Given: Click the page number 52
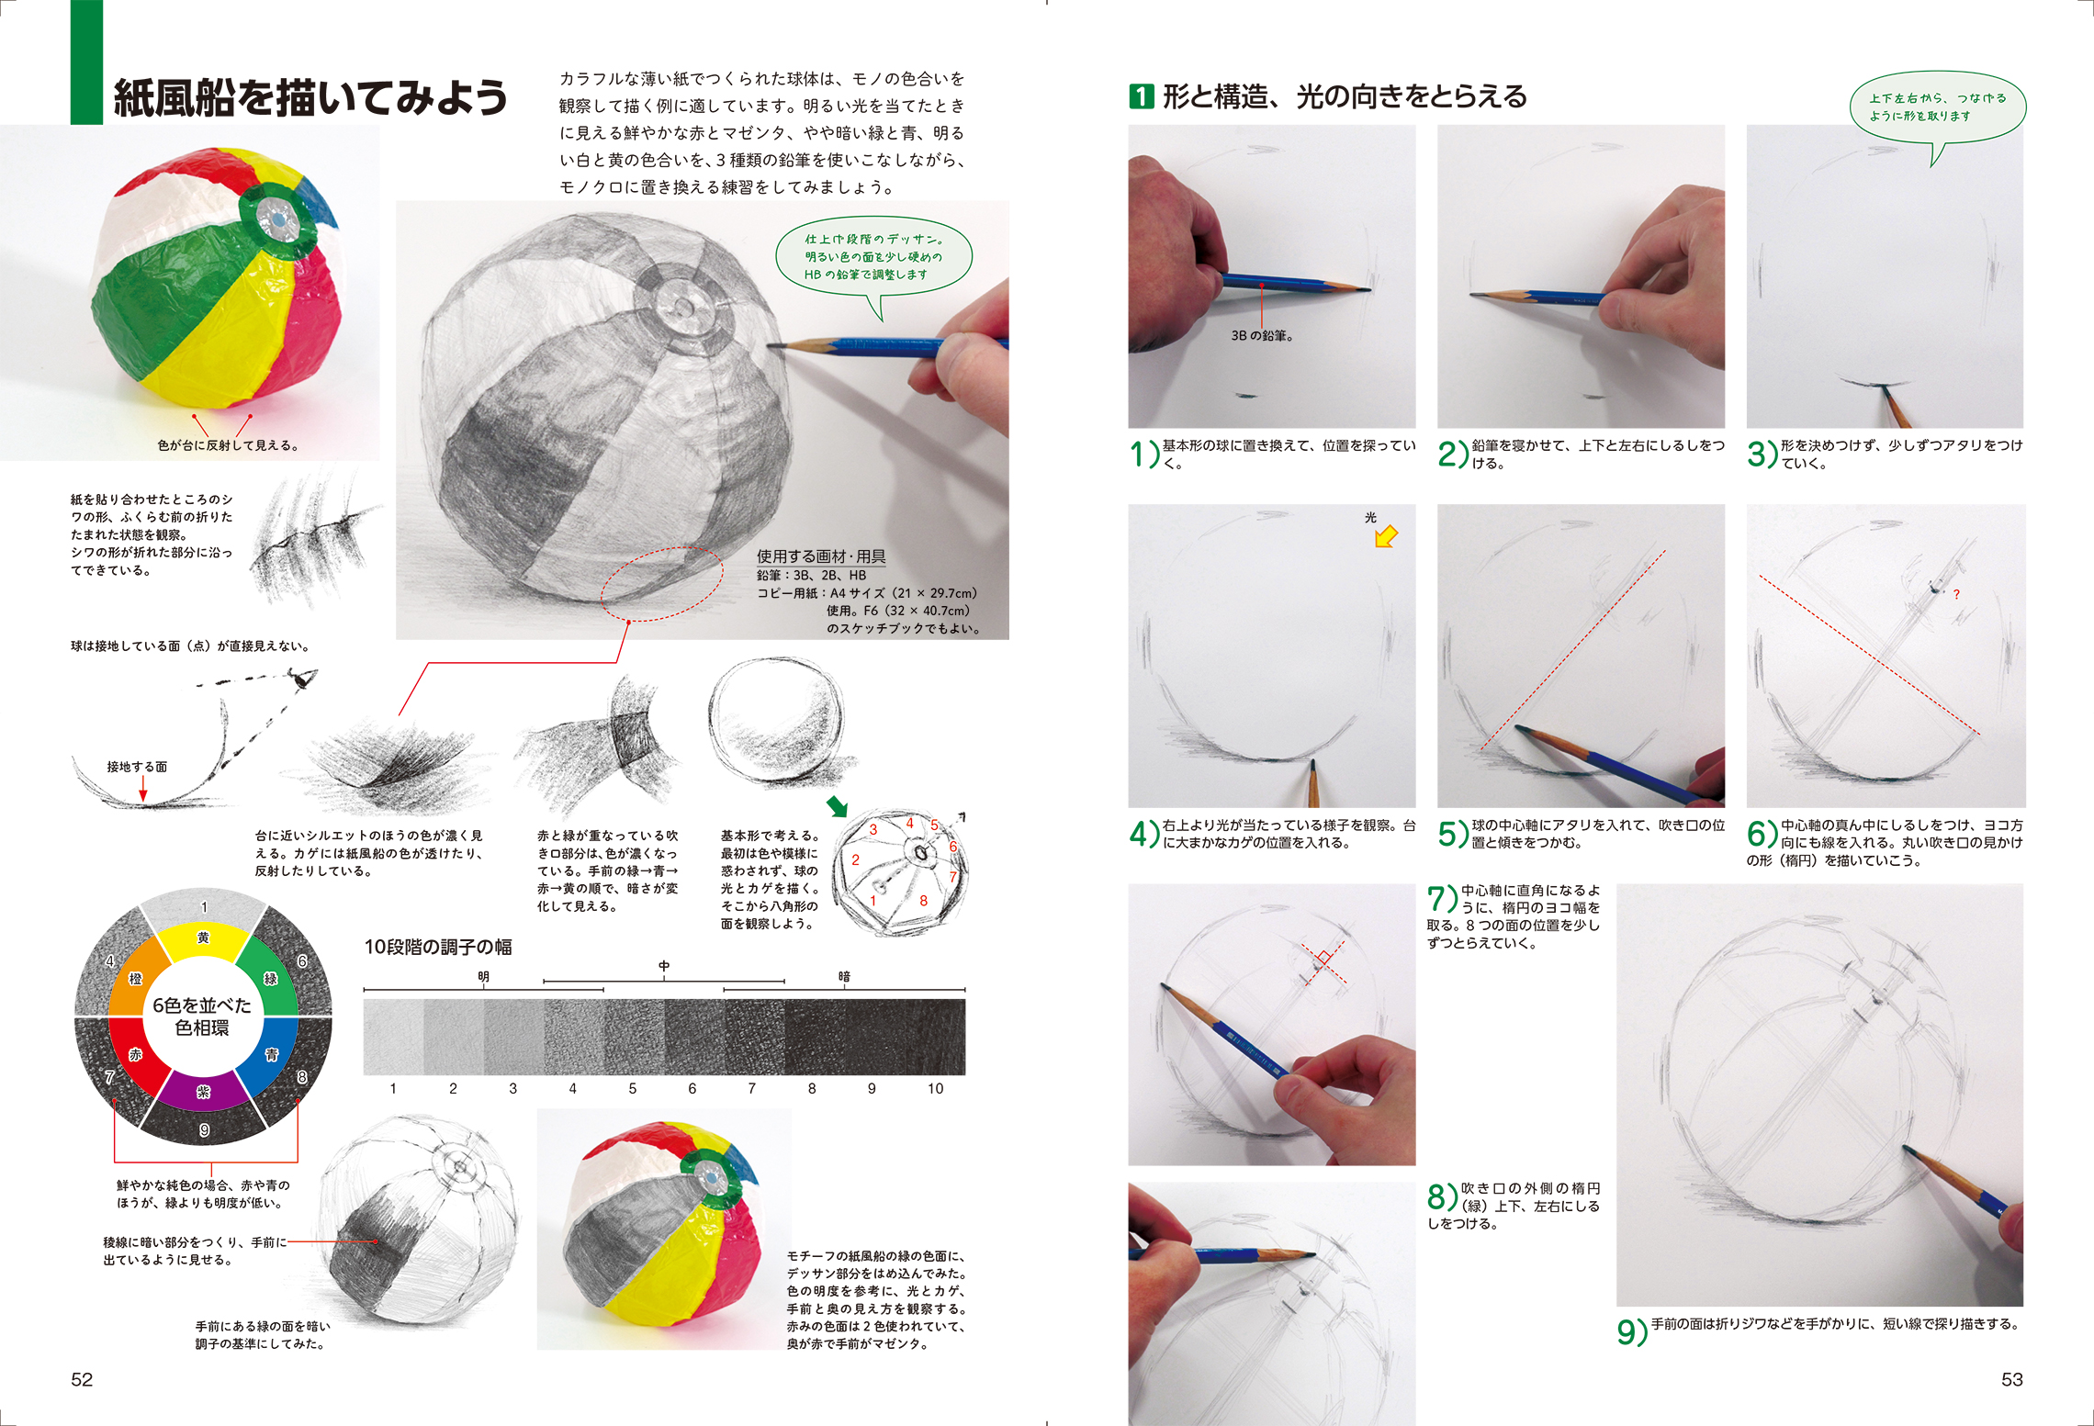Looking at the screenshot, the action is tap(82, 1379).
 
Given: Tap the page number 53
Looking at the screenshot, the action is tap(2012, 1379).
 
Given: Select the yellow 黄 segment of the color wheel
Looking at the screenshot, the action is tap(203, 940).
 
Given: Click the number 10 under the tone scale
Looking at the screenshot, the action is tap(935, 1088).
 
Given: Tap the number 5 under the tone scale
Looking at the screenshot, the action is tap(632, 1088).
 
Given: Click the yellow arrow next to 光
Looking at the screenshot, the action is tap(1386, 535).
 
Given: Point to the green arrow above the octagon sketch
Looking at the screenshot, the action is tap(837, 806).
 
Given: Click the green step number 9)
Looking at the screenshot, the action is tap(1632, 1331).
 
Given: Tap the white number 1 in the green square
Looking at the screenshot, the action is tap(1141, 96).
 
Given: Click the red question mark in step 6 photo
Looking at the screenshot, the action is tap(1956, 595).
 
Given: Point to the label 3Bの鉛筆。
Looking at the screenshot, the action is tap(1263, 336).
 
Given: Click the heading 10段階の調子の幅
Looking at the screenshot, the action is tap(438, 947).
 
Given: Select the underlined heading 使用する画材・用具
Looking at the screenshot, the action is tap(821, 556).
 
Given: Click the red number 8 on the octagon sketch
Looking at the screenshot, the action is tap(924, 901).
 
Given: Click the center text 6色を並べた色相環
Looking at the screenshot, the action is tap(202, 1016).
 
